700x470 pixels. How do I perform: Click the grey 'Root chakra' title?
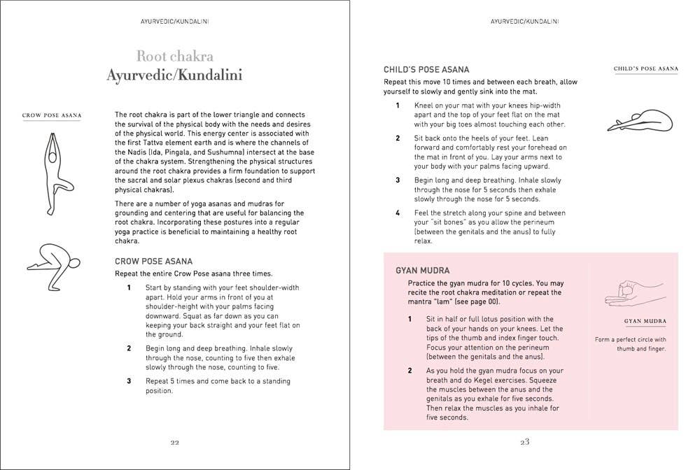(174, 57)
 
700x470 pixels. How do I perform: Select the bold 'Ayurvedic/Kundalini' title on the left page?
(174, 75)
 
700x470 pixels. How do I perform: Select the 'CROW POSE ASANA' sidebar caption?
(52, 115)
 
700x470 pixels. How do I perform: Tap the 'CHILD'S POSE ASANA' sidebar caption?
(645, 69)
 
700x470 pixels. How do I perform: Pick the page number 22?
(174, 442)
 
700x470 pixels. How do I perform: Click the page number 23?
(524, 442)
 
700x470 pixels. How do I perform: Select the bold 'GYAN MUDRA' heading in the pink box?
(422, 270)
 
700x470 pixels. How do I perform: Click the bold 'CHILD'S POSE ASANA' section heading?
(426, 69)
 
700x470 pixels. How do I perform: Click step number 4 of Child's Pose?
(398, 213)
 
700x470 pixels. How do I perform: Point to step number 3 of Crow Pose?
(129, 381)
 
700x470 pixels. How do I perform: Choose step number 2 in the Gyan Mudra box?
(409, 371)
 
